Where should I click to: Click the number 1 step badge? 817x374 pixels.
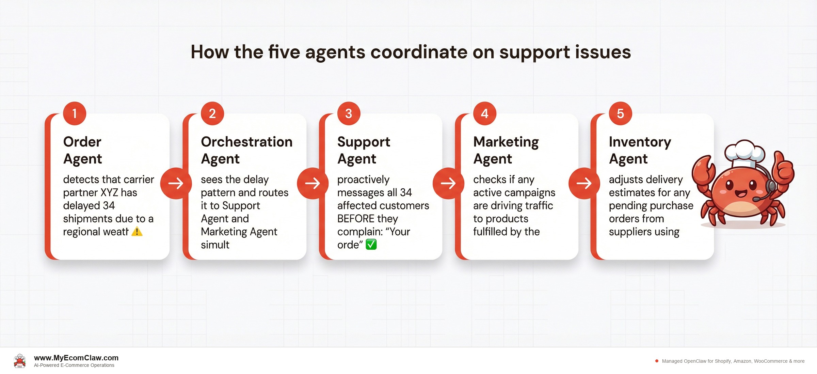click(75, 113)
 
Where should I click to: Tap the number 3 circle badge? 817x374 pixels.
click(349, 113)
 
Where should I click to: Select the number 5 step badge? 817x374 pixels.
click(620, 113)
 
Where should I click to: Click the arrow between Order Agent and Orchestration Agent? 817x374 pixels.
click(176, 183)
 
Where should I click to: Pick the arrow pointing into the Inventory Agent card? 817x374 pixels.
click(584, 183)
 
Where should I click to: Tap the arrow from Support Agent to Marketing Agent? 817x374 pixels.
click(448, 183)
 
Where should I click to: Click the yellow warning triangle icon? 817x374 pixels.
click(137, 232)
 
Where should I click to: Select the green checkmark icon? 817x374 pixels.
click(371, 245)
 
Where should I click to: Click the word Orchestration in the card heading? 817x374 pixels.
click(246, 142)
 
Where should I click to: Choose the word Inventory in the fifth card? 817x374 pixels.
click(640, 142)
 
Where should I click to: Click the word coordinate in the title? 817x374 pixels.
click(419, 52)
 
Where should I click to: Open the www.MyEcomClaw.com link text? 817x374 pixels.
click(76, 358)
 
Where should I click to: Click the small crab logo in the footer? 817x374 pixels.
click(20, 361)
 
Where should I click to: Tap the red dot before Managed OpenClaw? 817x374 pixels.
click(657, 361)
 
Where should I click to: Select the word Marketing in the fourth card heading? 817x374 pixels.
click(506, 142)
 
